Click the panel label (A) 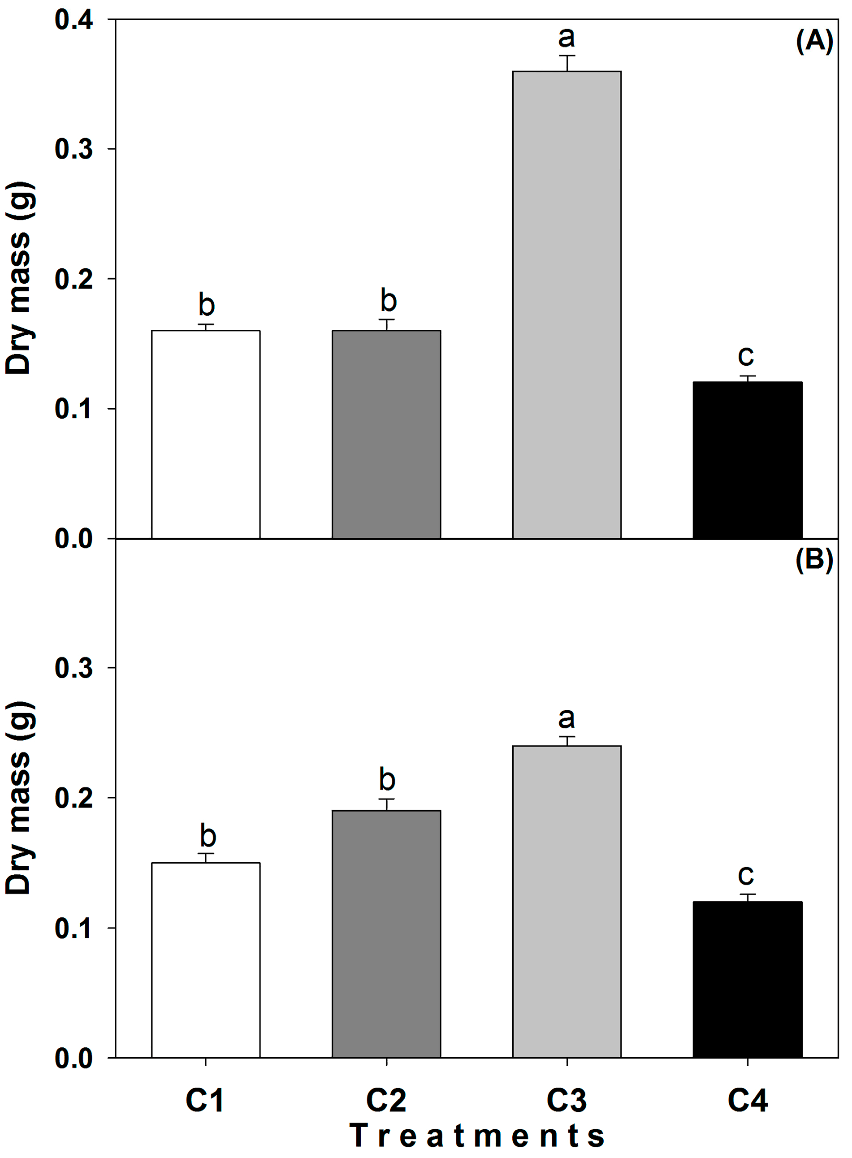pos(814,41)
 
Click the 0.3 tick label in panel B pos(74,668)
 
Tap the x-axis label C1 pos(205,1101)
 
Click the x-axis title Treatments pos(477,1136)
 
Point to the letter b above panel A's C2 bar pos(388,301)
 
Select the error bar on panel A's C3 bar pos(567,62)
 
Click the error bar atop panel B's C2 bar pos(386,804)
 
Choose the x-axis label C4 pos(747,1101)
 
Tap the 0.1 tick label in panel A pos(74,409)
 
